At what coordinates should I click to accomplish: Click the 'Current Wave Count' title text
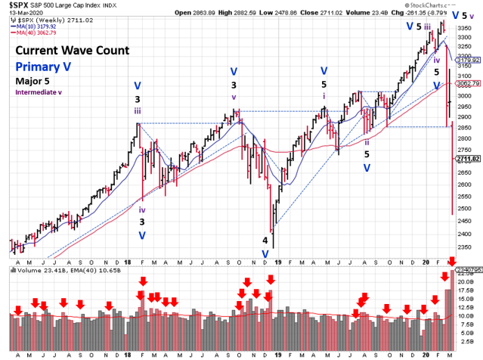(x=70, y=51)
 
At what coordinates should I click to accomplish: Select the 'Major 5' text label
(x=29, y=82)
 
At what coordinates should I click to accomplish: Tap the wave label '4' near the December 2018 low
(x=265, y=241)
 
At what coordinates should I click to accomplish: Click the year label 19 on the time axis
(x=278, y=353)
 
